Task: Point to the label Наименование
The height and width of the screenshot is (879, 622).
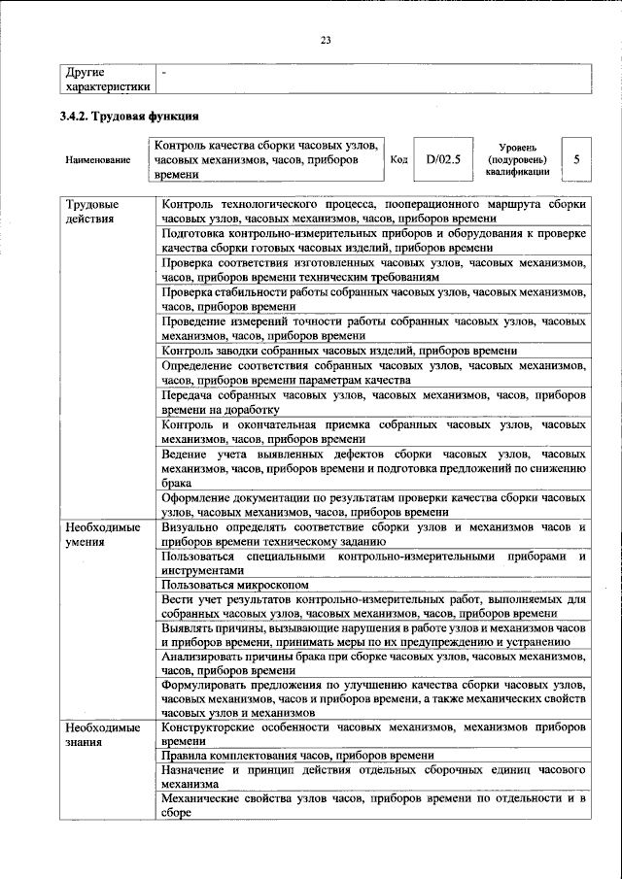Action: tap(98, 158)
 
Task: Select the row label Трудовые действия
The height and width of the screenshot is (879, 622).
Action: tap(92, 212)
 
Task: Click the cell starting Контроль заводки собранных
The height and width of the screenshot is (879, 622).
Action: tap(339, 351)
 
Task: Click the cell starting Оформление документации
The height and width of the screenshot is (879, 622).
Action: tap(373, 504)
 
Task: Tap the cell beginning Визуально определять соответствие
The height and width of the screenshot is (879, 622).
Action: tap(373, 534)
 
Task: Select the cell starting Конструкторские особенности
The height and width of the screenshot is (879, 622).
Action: tap(373, 734)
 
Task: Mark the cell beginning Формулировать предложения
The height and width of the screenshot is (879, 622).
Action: tap(373, 699)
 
